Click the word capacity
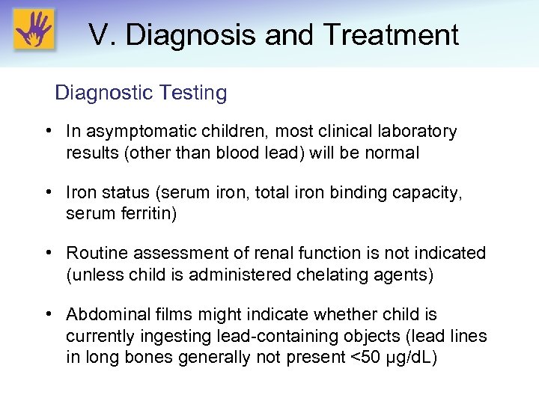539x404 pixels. click(428, 194)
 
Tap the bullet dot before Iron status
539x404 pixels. click(48, 193)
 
